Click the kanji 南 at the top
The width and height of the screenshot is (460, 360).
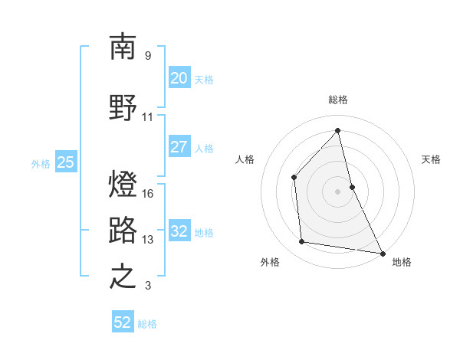tap(123, 47)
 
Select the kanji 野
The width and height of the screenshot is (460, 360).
tap(123, 106)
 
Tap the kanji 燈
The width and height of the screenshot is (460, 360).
tap(123, 184)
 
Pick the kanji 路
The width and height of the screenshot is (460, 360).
tap(123, 229)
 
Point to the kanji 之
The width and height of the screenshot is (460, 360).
tap(123, 277)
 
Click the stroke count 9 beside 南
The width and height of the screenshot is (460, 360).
tap(147, 56)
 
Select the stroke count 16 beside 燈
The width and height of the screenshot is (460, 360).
tap(149, 193)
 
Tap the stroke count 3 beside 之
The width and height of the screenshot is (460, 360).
tap(147, 286)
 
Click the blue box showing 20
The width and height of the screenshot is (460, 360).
tap(179, 78)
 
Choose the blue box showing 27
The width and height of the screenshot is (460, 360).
tap(179, 147)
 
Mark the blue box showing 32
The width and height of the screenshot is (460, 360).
tap(179, 231)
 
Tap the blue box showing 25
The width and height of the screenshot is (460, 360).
tap(65, 162)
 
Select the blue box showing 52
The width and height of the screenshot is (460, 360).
tap(123, 322)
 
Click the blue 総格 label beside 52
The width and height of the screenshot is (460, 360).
tap(147, 324)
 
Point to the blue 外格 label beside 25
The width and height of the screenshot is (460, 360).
tap(41, 163)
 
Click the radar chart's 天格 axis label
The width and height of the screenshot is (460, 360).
tap(431, 159)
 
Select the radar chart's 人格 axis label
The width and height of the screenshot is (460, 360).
tap(245, 159)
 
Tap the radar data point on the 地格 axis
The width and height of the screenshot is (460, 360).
tap(382, 252)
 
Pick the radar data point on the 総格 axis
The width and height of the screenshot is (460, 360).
tap(337, 131)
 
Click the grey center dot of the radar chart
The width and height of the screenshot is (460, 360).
tap(337, 191)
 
